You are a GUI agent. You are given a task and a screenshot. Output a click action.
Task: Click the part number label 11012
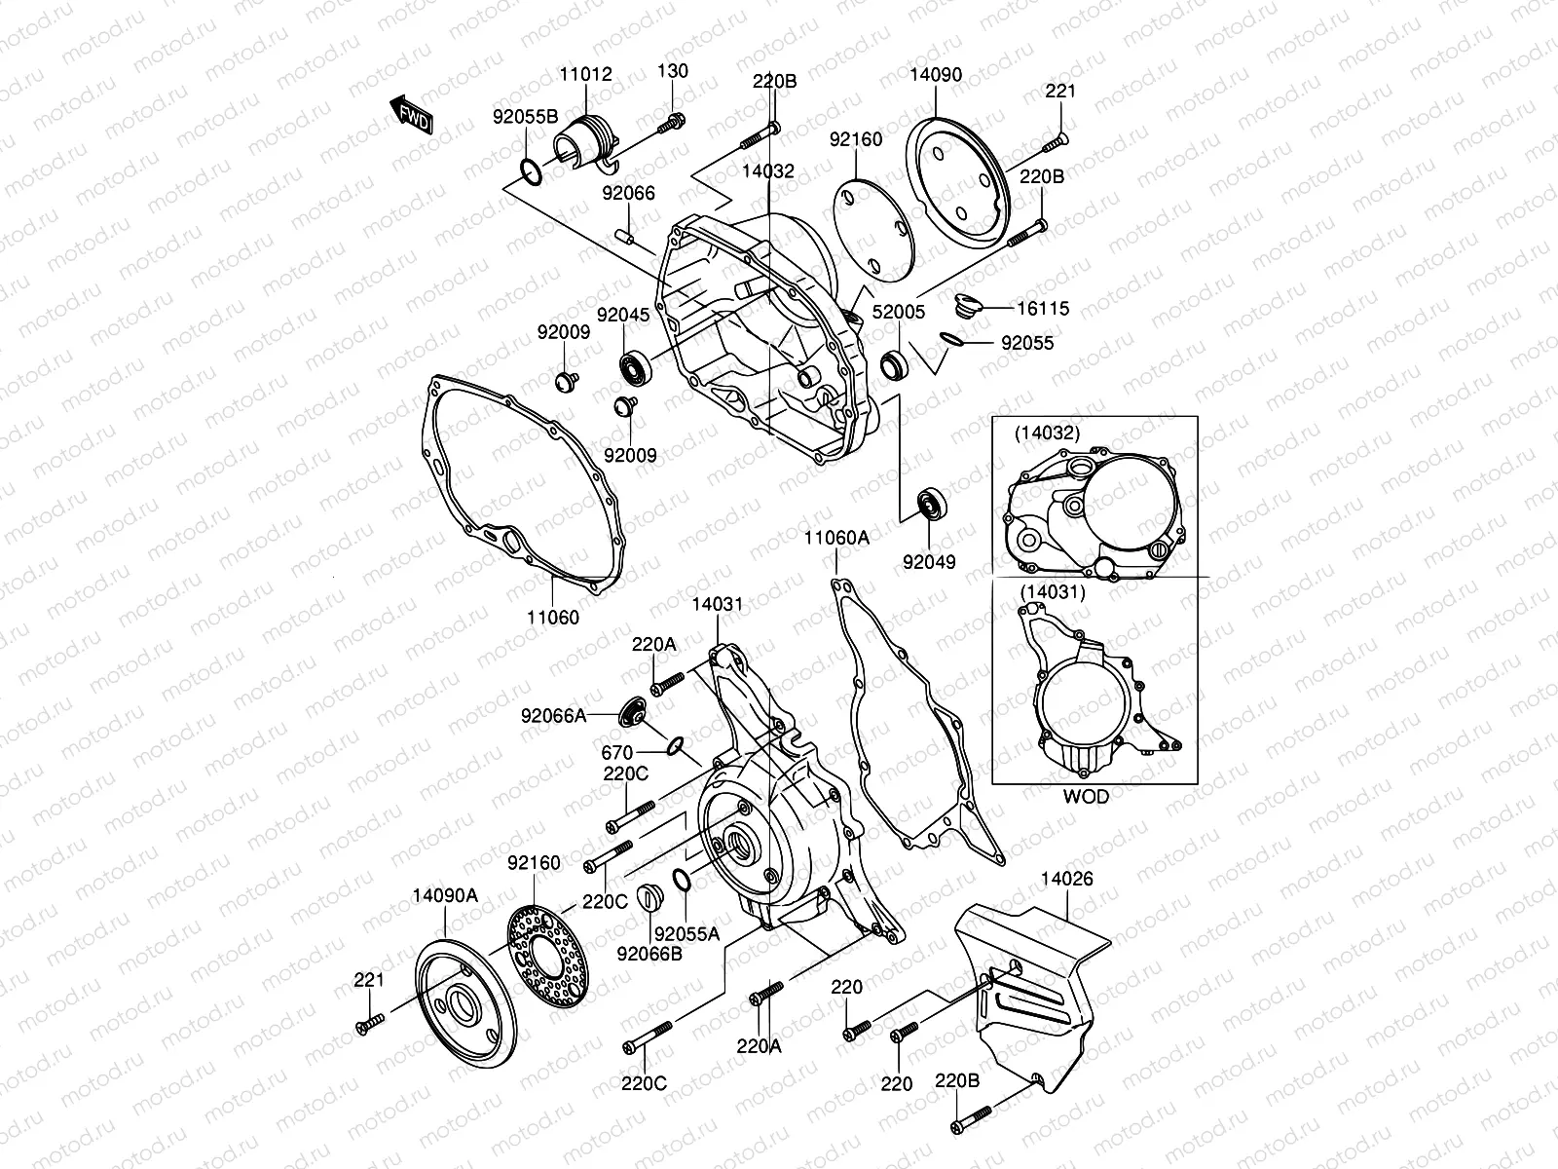(586, 75)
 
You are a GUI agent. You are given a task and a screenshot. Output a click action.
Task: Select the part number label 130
(672, 71)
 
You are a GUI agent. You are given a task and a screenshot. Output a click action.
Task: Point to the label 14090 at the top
(936, 75)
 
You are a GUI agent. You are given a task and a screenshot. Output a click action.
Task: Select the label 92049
(929, 562)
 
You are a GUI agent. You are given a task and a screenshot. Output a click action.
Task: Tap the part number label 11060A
(836, 538)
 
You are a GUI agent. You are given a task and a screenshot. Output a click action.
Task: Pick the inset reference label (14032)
(1046, 434)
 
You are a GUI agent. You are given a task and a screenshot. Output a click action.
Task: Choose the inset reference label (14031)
(1053, 590)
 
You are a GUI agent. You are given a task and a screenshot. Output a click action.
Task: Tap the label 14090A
(445, 894)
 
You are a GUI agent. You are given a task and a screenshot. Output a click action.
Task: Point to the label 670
(617, 752)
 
